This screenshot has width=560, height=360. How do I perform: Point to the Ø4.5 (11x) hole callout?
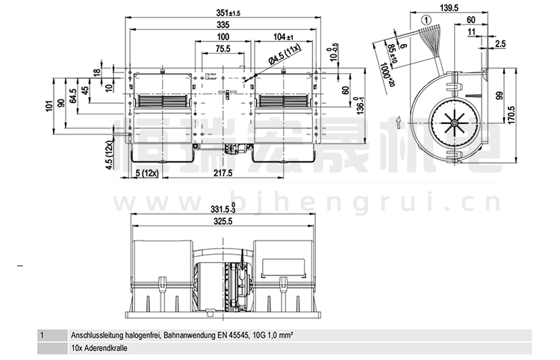284,52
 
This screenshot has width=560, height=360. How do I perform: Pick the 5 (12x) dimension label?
147,173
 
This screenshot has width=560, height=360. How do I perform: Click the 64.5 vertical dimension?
72,98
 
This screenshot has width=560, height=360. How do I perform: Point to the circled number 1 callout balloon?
426,20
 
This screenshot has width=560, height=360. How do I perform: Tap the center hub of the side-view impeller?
452,124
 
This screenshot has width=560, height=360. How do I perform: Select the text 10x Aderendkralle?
101,348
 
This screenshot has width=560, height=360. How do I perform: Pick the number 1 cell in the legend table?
43,336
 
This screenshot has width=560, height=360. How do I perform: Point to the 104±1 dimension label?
284,37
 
